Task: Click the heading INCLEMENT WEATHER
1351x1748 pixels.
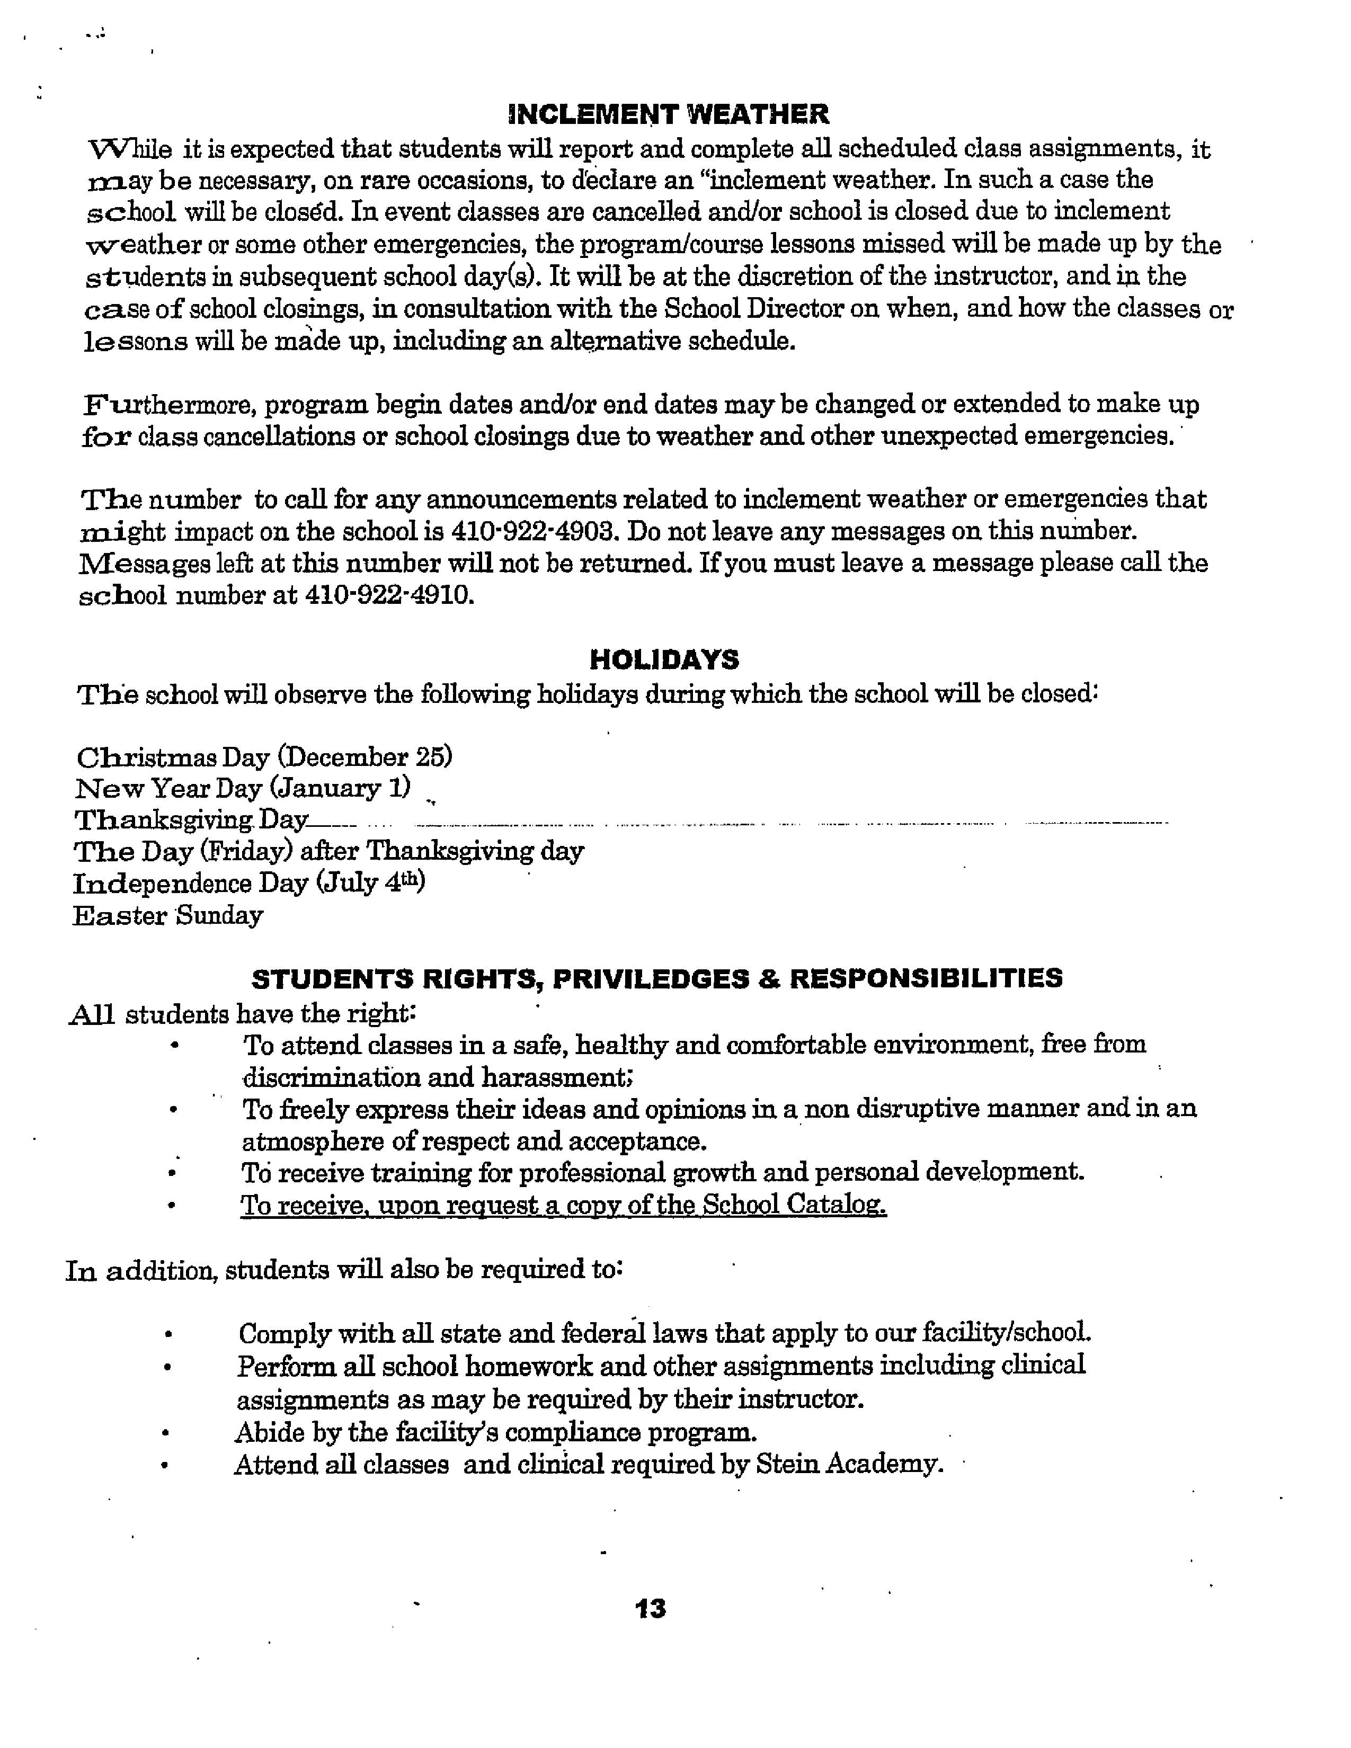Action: coord(668,114)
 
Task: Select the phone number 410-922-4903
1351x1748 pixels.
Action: coord(535,531)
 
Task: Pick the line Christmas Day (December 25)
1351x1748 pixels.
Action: coord(264,757)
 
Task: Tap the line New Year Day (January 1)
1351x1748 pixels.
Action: coord(243,789)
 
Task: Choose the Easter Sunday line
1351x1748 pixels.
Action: coord(167,916)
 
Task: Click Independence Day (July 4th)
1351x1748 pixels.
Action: coord(249,884)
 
